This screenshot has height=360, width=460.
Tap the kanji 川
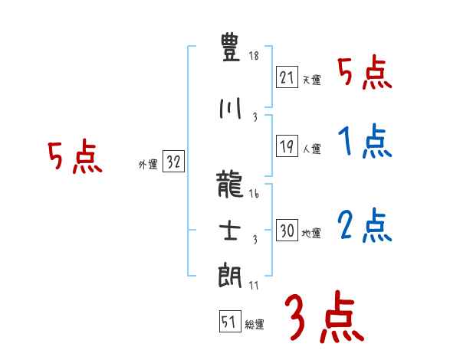(231, 109)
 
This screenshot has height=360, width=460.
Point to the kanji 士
(231, 232)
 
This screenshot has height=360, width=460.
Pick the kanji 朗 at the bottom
(231, 277)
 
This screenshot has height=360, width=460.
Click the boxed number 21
(287, 77)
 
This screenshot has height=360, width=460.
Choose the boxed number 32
(173, 162)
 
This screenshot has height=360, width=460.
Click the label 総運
(255, 325)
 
